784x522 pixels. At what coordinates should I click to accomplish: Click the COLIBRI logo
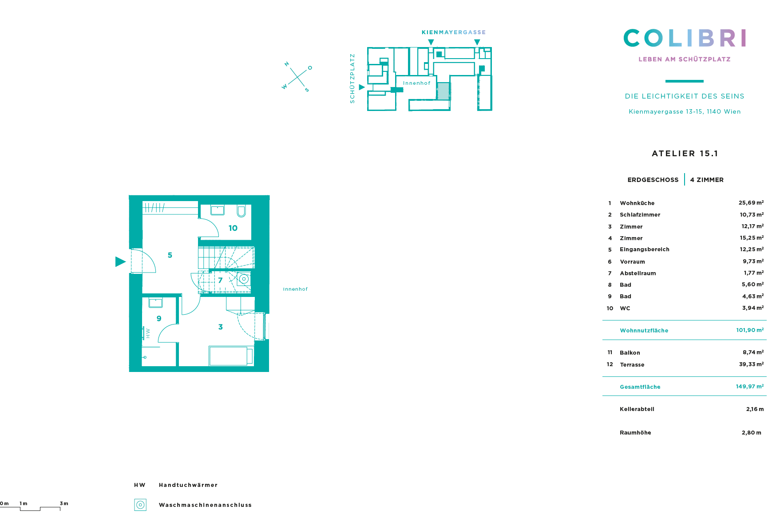(685, 38)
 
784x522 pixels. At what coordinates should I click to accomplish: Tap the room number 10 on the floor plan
(233, 228)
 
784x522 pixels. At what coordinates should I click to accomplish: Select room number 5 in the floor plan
(170, 255)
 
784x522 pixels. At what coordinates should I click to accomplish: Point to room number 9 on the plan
(159, 319)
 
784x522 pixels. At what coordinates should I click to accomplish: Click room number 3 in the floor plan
(221, 327)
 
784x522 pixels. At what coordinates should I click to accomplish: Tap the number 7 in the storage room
(220, 280)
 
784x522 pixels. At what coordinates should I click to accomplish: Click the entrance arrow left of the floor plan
(120, 262)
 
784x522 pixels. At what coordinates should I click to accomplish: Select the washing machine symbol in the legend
(140, 505)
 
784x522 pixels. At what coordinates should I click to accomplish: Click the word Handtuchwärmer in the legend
(188, 485)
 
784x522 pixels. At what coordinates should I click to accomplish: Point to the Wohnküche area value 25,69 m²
(751, 203)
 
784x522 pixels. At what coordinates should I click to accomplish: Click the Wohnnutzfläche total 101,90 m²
(750, 330)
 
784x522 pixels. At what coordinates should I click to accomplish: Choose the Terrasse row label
(632, 365)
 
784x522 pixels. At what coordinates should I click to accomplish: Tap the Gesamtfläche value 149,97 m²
(750, 387)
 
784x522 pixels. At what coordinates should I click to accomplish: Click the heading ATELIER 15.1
(685, 154)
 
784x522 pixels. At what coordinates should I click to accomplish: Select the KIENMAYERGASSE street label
(454, 32)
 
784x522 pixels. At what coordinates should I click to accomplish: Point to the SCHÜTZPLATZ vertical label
(352, 79)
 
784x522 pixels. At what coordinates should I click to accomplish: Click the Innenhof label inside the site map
(417, 83)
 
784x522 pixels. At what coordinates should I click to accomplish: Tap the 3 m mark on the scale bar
(64, 503)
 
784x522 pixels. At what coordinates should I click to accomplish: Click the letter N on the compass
(287, 64)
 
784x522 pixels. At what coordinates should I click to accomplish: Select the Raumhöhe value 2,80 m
(752, 433)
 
